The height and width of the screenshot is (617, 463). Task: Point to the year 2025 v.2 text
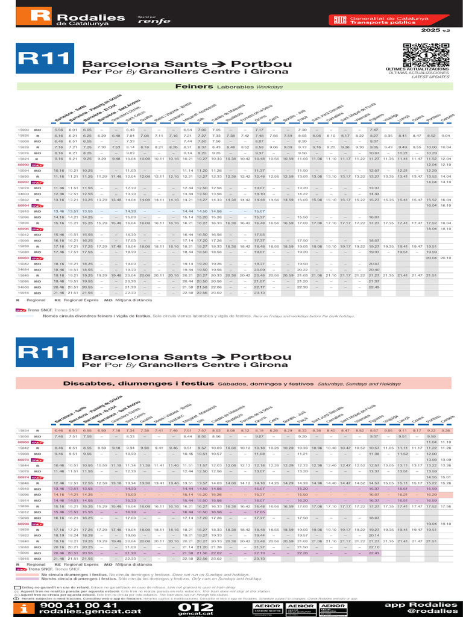pyautogui.click(x=435, y=30)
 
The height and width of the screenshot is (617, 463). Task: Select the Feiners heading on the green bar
pyautogui.click(x=190, y=86)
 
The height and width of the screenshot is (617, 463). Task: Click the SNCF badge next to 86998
pyautogui.click(x=36, y=524)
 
